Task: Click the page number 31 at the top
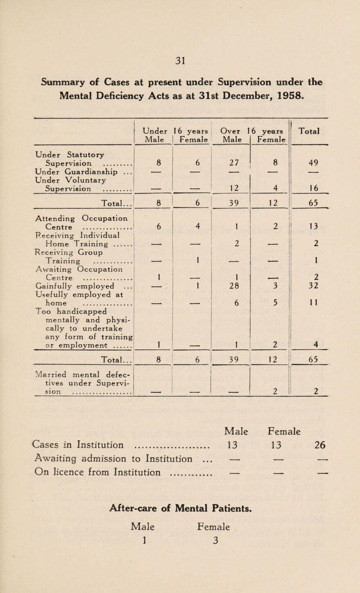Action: (180, 47)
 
